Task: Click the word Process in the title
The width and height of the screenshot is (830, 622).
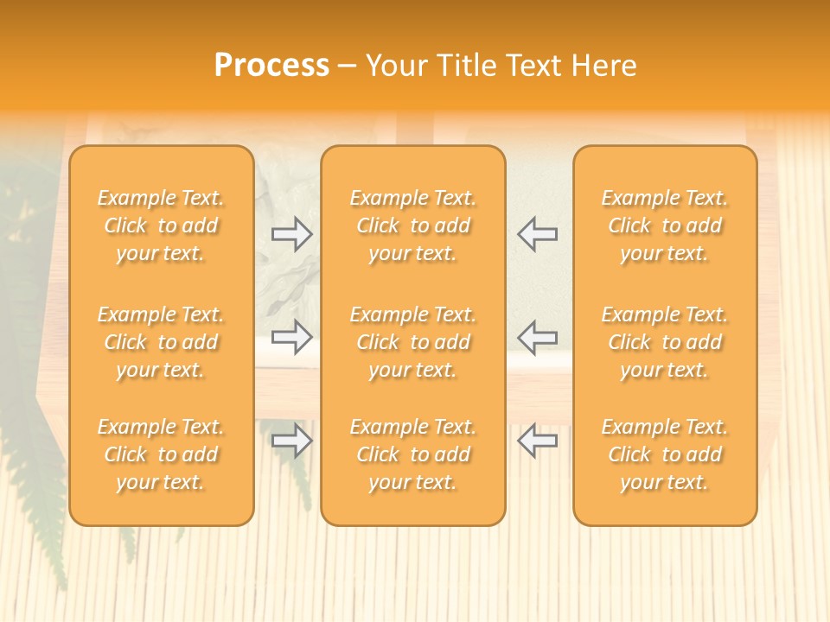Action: click(271, 66)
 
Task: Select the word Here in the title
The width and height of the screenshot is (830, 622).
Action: click(602, 66)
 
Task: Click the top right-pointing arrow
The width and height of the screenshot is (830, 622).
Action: click(291, 233)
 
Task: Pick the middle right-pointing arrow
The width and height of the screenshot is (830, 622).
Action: click(291, 337)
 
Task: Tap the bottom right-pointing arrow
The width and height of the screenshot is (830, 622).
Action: click(291, 441)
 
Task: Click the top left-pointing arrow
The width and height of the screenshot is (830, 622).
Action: click(537, 233)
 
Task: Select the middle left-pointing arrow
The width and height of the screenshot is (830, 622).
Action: click(537, 337)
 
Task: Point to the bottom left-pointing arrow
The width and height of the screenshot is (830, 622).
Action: click(537, 441)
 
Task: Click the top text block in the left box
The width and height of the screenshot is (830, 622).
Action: click(161, 225)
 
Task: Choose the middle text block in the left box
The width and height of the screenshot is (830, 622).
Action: click(161, 342)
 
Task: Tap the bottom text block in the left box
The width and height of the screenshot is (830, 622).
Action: click(161, 454)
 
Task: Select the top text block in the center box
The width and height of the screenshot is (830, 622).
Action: click(412, 225)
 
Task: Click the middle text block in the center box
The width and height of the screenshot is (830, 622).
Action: click(412, 342)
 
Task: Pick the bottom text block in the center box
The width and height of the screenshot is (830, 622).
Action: click(412, 454)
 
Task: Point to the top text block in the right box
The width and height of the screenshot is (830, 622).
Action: click(664, 225)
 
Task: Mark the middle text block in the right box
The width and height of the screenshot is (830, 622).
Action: click(664, 342)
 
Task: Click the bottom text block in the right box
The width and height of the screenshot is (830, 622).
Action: click(664, 454)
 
